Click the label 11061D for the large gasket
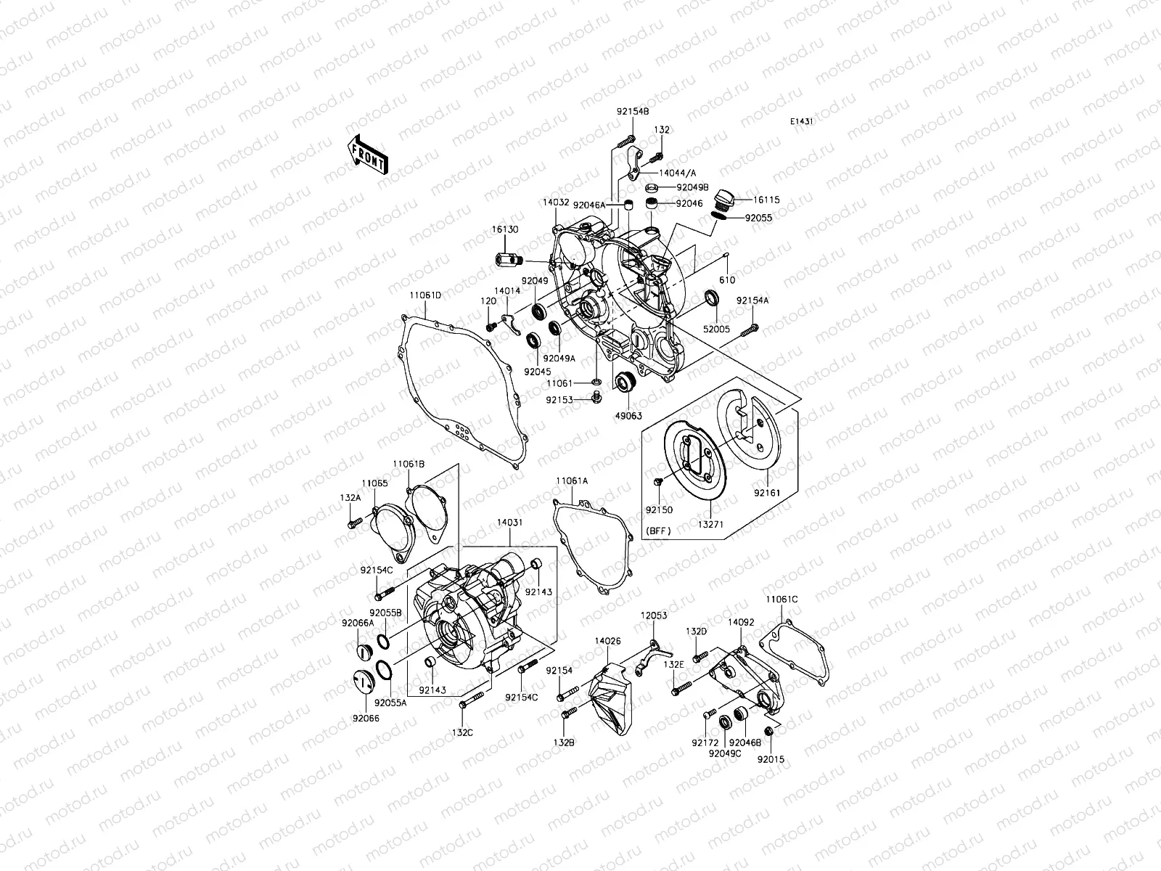(x=424, y=295)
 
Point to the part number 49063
(x=628, y=417)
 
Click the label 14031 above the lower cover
(x=509, y=523)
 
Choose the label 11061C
(x=781, y=600)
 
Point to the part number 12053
(x=653, y=615)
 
